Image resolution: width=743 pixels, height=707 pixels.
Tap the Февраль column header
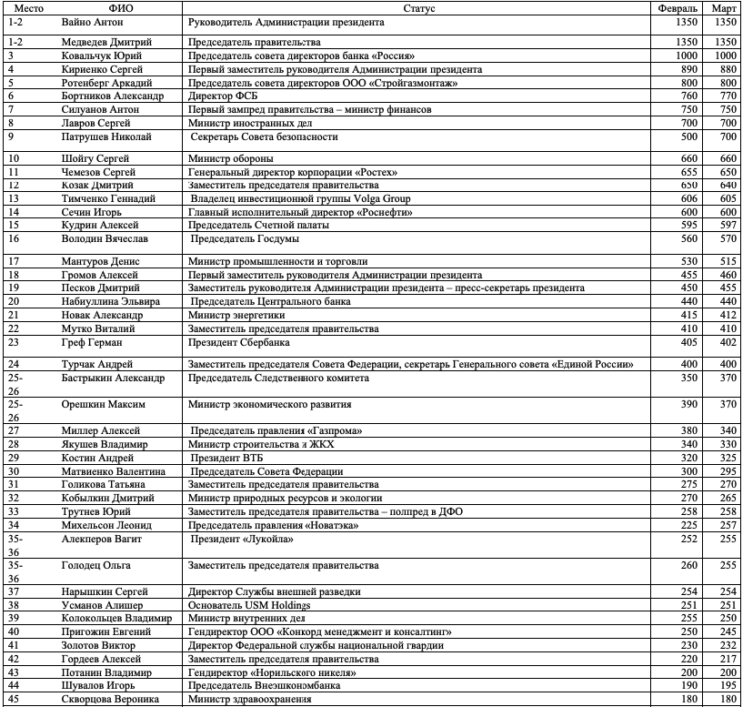[683, 7]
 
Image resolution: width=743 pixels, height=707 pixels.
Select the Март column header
[726, 7]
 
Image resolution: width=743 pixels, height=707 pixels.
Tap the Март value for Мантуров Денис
[726, 261]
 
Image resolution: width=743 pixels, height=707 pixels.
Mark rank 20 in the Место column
[14, 301]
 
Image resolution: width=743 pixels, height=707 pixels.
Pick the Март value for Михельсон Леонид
[726, 525]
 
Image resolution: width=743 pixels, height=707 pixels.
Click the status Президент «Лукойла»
[241, 540]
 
